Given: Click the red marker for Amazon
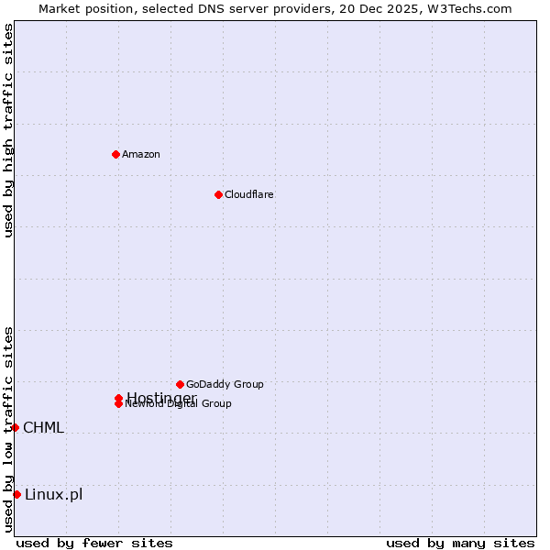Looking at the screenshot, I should click(x=115, y=154).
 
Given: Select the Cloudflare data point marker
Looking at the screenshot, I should click(x=218, y=194).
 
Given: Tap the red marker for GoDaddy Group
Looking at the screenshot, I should click(x=180, y=384).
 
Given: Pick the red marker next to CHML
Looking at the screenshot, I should click(x=15, y=427).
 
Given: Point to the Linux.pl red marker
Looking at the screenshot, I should click(x=16, y=495).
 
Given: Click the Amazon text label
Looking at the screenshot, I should click(x=141, y=154).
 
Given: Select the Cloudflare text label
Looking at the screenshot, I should click(x=249, y=194).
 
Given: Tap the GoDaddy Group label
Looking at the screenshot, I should click(x=225, y=384).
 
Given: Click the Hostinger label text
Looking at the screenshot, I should click(x=161, y=397).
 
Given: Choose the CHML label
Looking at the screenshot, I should click(x=44, y=427).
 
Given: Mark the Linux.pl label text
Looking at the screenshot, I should click(x=53, y=495).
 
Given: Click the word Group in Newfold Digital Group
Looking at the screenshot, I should click(x=216, y=404).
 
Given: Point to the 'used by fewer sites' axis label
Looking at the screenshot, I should click(x=94, y=544).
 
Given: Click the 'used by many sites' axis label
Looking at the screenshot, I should click(x=460, y=544).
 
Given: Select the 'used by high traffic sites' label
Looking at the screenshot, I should click(x=8, y=130).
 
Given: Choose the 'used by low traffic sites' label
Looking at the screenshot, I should click(x=8, y=429).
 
